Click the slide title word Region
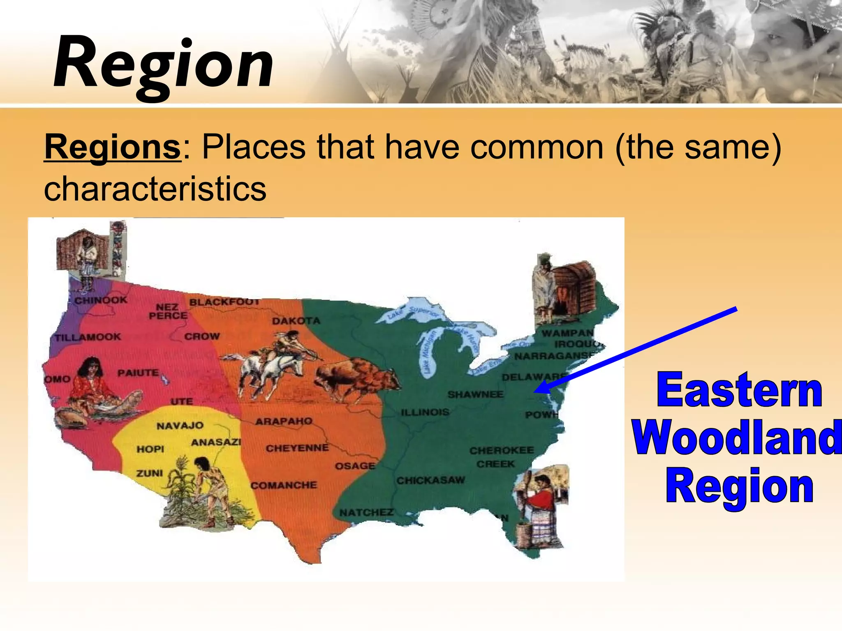click(163, 64)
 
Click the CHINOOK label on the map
click(101, 300)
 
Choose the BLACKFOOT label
click(224, 302)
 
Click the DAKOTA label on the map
click(296, 321)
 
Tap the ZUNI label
click(150, 473)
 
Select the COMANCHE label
click(284, 486)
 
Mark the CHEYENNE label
click(297, 448)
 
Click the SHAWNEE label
click(475, 395)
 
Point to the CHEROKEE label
click(502, 451)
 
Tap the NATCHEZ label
click(366, 513)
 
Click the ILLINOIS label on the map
click(425, 412)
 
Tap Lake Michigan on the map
click(428, 354)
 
